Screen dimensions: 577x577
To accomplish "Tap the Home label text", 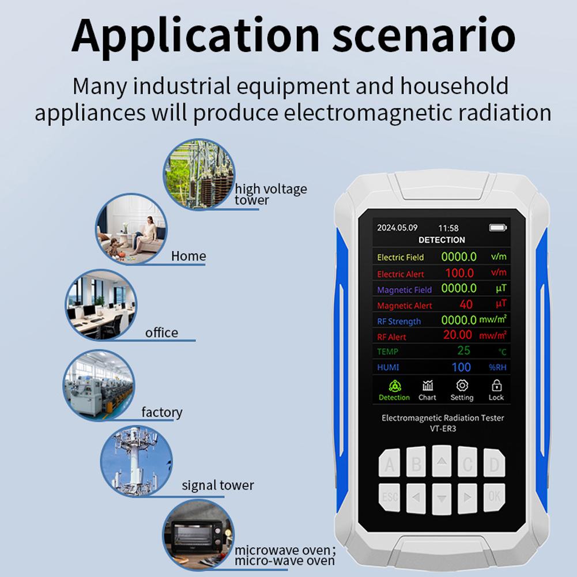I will click(x=188, y=256).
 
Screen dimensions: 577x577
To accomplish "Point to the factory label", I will click(x=162, y=412).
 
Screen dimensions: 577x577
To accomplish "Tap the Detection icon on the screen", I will click(x=394, y=386).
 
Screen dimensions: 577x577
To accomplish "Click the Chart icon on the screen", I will click(x=428, y=386).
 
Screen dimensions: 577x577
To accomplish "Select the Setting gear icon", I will click(x=462, y=386).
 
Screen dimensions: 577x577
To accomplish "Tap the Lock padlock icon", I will click(x=496, y=386).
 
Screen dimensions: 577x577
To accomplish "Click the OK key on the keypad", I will click(x=494, y=495).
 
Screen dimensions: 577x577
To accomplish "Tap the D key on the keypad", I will click(x=494, y=464).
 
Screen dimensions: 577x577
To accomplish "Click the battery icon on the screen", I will click(x=495, y=227).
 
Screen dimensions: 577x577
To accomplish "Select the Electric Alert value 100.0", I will click(x=459, y=273).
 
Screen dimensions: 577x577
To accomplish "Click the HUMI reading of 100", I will click(x=461, y=367).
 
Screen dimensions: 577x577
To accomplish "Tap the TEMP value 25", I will click(x=463, y=350).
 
